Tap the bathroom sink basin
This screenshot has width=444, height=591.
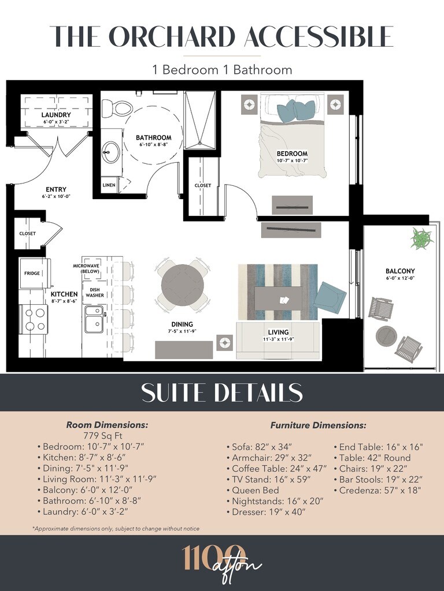[112, 152]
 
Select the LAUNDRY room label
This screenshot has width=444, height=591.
[56, 115]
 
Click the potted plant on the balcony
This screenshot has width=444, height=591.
[421, 238]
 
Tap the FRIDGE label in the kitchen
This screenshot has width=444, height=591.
[32, 273]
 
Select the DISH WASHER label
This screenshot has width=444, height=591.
[94, 293]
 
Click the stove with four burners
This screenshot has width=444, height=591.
[34, 320]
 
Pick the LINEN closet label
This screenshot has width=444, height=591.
[109, 185]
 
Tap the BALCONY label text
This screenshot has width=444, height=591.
[400, 271]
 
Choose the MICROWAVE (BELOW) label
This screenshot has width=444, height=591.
[86, 268]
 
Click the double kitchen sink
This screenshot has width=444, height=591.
[94, 319]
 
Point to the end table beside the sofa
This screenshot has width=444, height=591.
[225, 342]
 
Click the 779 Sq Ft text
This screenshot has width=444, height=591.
[103, 436]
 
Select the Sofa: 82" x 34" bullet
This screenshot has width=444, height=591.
[260, 447]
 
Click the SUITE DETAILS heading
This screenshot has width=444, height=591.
[222, 392]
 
